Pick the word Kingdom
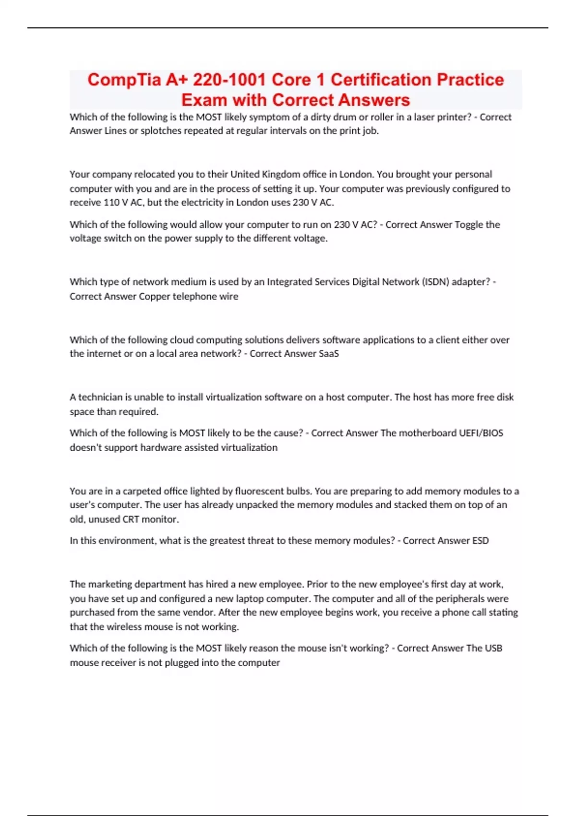280,174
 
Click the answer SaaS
329,354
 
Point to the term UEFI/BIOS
481,433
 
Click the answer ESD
480,541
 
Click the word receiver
118,663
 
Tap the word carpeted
141,491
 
